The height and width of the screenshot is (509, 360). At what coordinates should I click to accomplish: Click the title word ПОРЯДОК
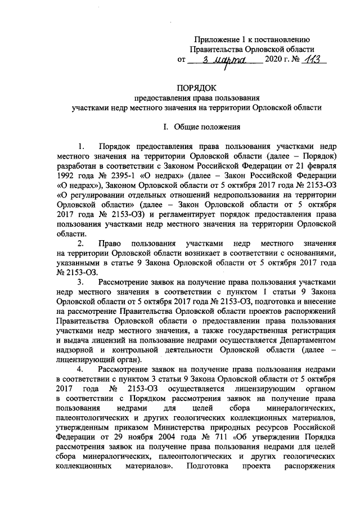pyautogui.click(x=200, y=87)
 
